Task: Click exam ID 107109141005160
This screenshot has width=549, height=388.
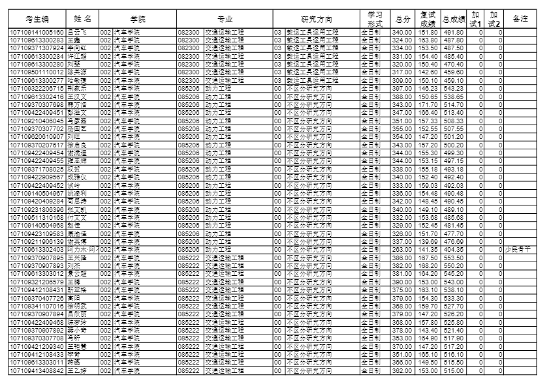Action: pos(37,32)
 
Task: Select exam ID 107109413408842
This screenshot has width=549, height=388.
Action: pos(37,371)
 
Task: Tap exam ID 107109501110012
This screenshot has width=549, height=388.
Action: pos(37,72)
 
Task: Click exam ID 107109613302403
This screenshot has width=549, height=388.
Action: pos(37,249)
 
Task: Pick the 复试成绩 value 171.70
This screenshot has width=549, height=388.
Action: pos(428,105)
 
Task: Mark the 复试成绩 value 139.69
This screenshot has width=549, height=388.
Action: pos(428,241)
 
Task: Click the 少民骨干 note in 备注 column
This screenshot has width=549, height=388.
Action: pos(520,249)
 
